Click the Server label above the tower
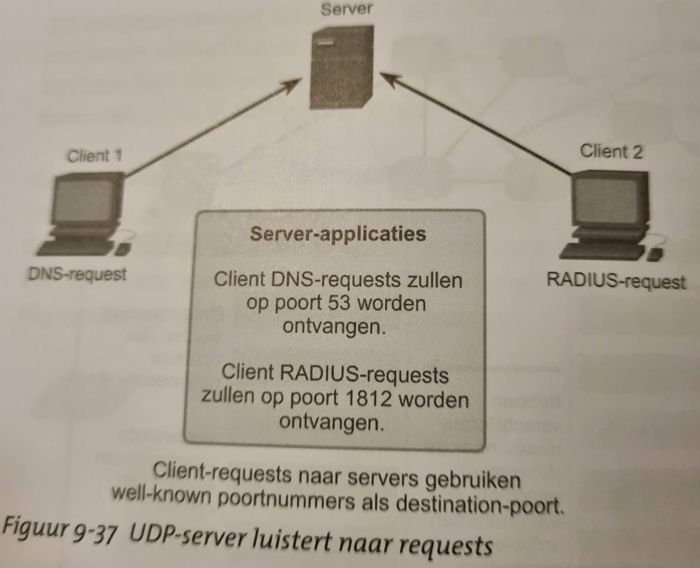point(346,9)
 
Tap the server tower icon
point(342,67)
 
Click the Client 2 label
point(611,152)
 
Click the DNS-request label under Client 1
point(77,274)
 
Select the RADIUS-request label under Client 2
point(616,282)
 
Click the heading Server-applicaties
point(338,234)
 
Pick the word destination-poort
point(479,504)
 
